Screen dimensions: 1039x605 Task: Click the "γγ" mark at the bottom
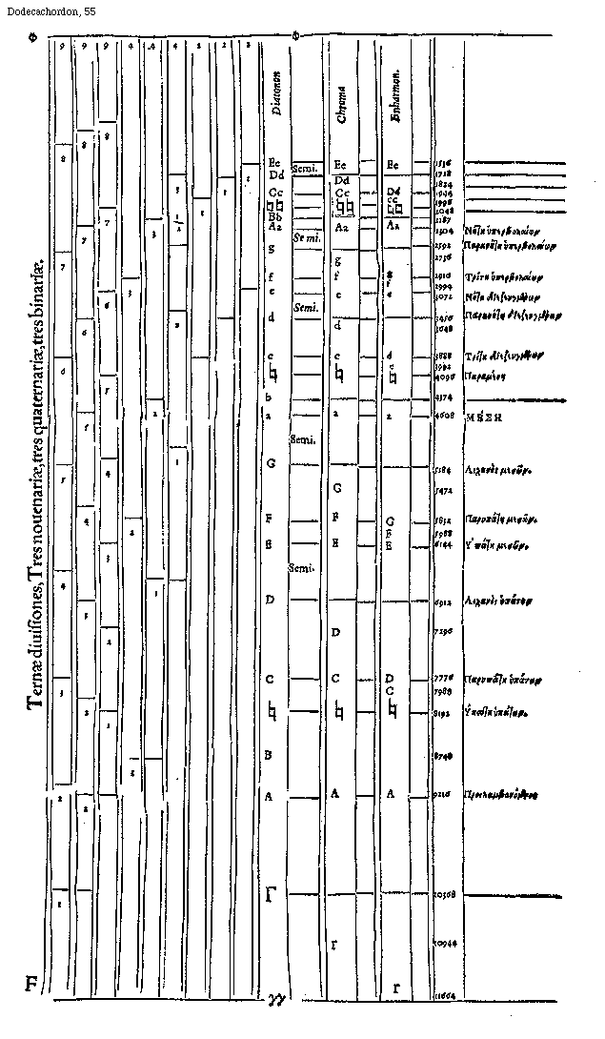[x=276, y=998]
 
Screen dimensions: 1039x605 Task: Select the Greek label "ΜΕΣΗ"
[x=483, y=418]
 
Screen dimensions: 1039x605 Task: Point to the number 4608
[x=442, y=418]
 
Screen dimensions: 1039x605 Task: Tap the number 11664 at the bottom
[x=443, y=994]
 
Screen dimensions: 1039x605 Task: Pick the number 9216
[x=442, y=793]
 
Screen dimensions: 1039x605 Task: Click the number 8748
[x=442, y=756]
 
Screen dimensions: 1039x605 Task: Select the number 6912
[x=442, y=601]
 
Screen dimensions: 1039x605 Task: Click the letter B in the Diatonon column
[x=270, y=755]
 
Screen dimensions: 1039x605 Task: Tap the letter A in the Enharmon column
[x=393, y=793]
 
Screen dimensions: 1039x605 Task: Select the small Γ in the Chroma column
[x=334, y=945]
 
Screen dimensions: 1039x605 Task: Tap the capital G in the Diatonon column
[x=272, y=463]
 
